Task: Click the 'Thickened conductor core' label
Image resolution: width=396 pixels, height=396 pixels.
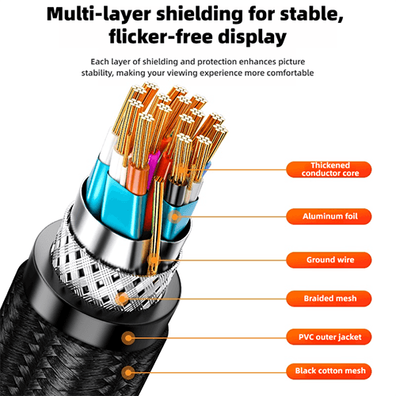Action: [x=329, y=169]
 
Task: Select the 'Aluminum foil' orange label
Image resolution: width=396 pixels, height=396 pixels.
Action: [x=329, y=216]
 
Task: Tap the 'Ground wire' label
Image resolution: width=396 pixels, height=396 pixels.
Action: [x=329, y=260]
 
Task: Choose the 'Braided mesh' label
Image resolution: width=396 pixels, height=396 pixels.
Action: [x=329, y=299]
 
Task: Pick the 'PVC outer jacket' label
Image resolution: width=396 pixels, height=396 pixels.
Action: [x=329, y=337]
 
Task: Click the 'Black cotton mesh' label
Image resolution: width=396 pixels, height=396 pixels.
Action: [x=329, y=371]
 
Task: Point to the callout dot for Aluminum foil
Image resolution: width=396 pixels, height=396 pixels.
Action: [x=174, y=217]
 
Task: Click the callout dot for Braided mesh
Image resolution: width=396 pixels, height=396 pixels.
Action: [x=122, y=299]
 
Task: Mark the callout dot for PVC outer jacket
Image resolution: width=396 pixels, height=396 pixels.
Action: [x=128, y=337]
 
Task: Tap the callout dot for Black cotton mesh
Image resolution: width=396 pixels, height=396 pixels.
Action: [x=128, y=372]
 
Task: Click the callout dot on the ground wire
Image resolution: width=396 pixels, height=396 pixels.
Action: [x=153, y=261]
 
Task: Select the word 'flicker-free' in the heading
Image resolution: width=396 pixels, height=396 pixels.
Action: [x=161, y=36]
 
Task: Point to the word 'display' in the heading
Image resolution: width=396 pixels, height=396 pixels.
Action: [x=253, y=37]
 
